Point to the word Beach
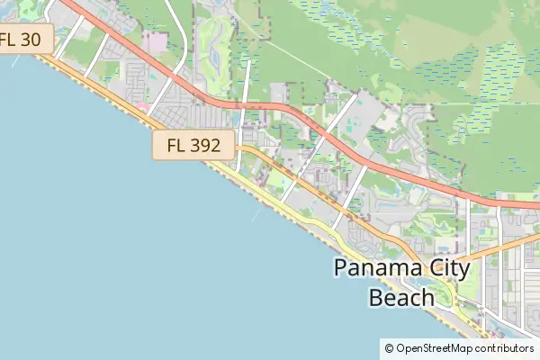coord(401,297)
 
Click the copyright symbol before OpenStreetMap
coord(389,348)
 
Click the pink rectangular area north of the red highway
coord(155,41)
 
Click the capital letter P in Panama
coord(340,268)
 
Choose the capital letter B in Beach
coord(375,297)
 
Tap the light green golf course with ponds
coord(213,45)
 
